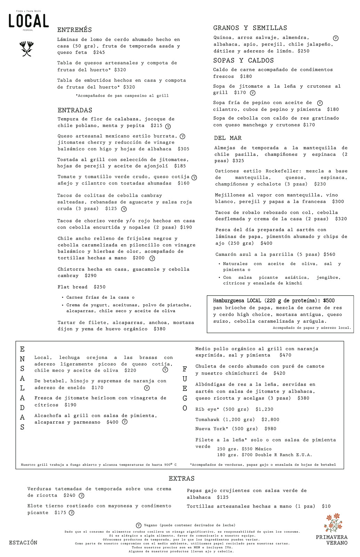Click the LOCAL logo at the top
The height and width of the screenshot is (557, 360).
click(29, 21)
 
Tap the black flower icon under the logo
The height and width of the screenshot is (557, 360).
click(26, 48)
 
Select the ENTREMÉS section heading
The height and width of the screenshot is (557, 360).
click(74, 30)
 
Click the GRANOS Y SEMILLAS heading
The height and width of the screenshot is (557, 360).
click(250, 28)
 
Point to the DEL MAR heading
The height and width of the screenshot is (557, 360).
click(228, 138)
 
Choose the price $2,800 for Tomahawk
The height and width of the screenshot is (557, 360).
click(270, 419)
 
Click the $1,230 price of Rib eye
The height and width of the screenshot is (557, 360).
click(264, 409)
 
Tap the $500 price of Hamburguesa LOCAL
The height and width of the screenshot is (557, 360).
click(329, 300)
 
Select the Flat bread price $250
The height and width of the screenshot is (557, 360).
click(99, 287)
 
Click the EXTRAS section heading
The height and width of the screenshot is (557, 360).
click(182, 478)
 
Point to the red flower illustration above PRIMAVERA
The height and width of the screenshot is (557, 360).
click(333, 522)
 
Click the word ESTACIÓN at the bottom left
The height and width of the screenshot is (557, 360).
click(23, 542)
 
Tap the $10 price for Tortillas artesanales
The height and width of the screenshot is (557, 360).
click(326, 506)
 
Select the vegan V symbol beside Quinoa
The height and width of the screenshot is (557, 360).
click(336, 38)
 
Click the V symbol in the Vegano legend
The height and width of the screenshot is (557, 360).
click(138, 525)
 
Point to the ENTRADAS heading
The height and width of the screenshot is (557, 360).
click(75, 110)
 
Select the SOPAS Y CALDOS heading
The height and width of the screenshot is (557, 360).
click(243, 61)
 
